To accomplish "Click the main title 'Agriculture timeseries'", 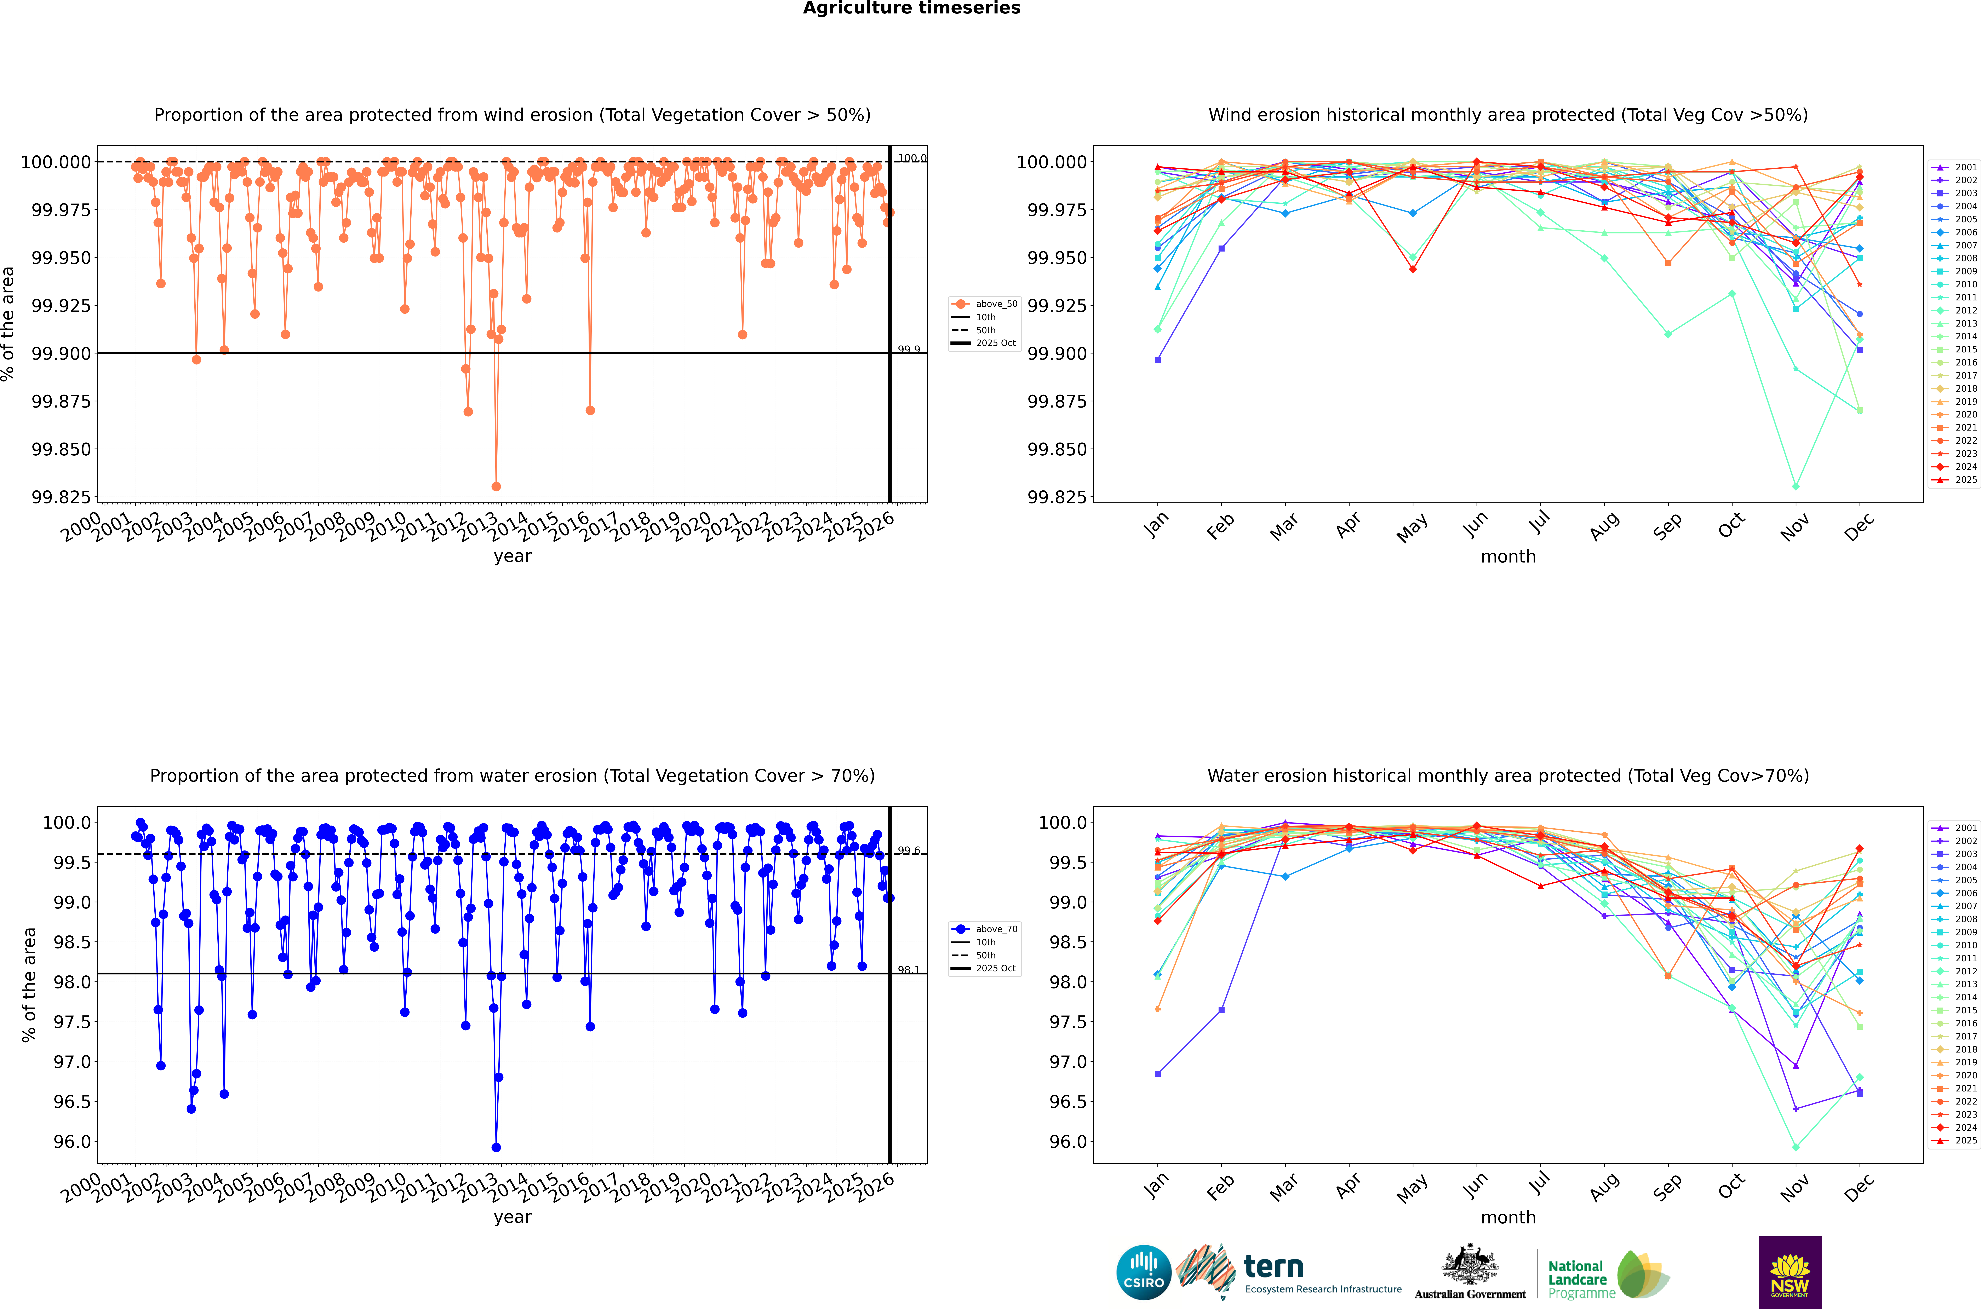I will [x=912, y=8].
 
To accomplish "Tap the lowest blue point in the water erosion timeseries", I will [x=496, y=1147].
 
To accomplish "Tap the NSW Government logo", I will [x=1790, y=1272].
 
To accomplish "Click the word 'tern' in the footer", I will [x=1273, y=1267].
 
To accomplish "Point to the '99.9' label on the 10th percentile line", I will [x=908, y=350].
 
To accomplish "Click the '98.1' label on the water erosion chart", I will [x=908, y=970].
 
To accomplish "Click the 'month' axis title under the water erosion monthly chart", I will [x=1508, y=1217].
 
